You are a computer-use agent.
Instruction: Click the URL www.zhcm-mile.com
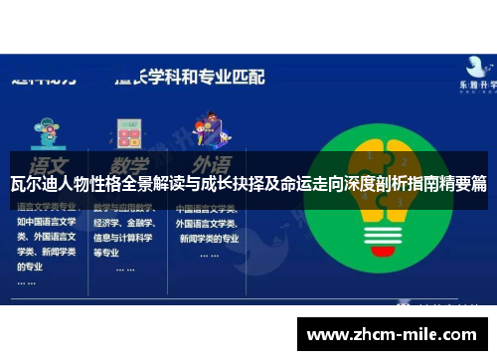(x=396, y=335)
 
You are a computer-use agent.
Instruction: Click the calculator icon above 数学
(x=128, y=131)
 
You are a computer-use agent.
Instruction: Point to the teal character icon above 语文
(x=45, y=131)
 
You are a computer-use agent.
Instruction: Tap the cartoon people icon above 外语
(x=208, y=130)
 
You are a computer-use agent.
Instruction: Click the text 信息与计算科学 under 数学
(x=124, y=239)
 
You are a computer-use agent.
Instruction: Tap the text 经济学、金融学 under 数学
(x=124, y=225)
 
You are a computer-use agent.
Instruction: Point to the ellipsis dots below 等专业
(x=125, y=269)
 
